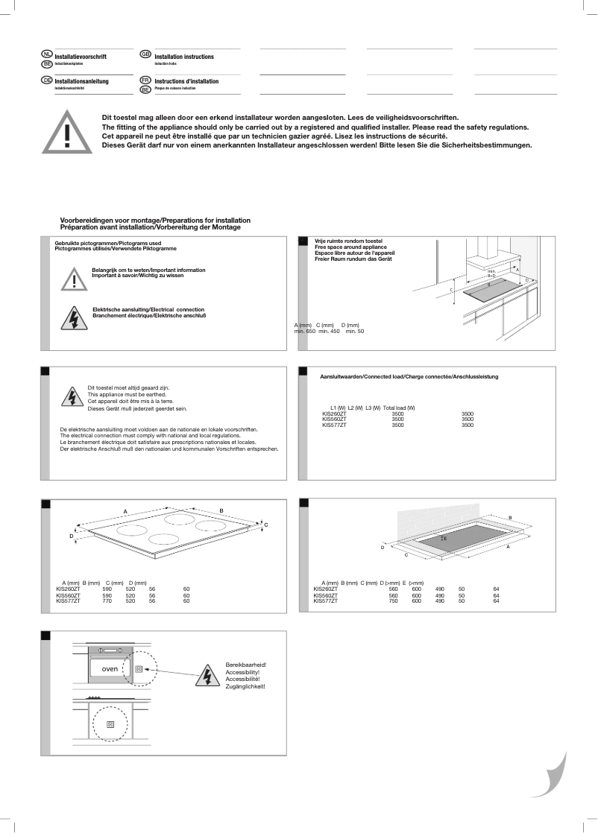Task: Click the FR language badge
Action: [x=145, y=79]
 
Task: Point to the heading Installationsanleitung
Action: [x=82, y=80]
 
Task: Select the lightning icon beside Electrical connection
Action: [x=74, y=317]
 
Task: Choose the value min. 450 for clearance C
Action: [x=329, y=331]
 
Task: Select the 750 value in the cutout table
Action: [x=393, y=601]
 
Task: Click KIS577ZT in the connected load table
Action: [x=334, y=425]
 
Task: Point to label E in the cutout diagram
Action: [x=445, y=537]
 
